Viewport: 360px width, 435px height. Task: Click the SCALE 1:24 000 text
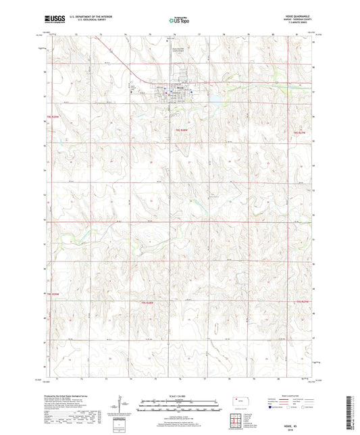pyautogui.click(x=180, y=396)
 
